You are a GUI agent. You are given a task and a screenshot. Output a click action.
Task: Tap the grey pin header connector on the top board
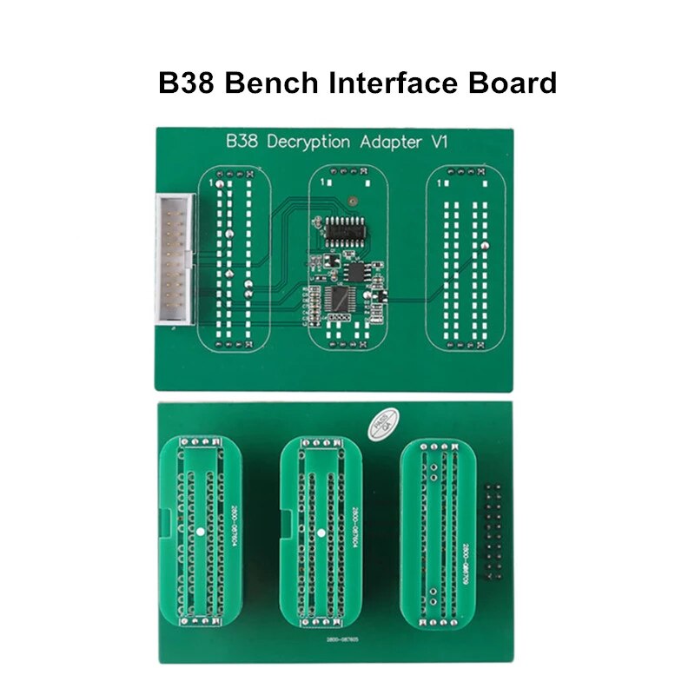[x=175, y=260]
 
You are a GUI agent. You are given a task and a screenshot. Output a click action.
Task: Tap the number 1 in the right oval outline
[x=444, y=184]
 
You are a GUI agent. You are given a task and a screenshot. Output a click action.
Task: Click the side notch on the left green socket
[x=166, y=526]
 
